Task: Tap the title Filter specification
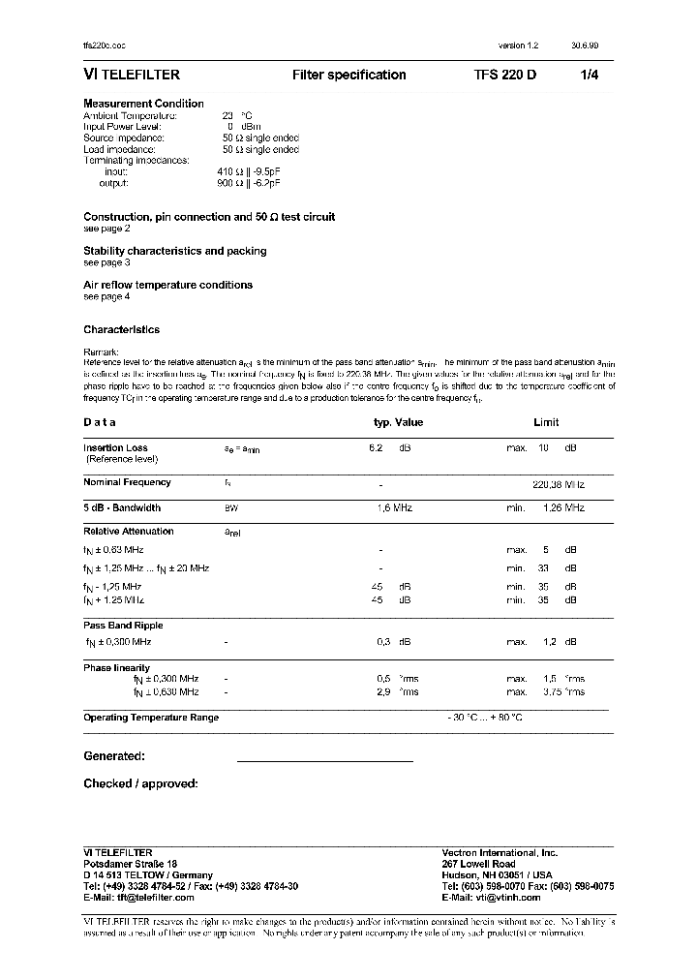348,76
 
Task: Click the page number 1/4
589,76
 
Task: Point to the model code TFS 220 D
504,76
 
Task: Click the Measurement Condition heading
143,104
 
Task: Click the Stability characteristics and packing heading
174,251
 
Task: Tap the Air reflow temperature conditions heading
167,285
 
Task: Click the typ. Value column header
398,422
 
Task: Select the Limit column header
546,422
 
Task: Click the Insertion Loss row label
115,448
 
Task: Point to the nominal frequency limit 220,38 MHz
559,482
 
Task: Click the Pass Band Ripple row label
123,626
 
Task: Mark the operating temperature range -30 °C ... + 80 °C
485,718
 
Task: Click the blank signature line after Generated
324,757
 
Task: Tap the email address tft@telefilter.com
139,898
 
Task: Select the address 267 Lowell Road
478,864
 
